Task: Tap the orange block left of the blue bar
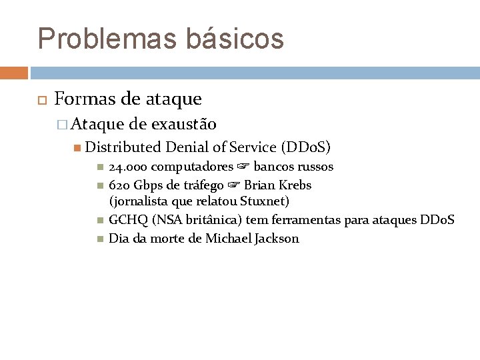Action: click(x=13, y=73)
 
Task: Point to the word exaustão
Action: click(x=183, y=124)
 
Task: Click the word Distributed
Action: click(x=123, y=147)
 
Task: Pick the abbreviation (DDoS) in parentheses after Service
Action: click(x=306, y=147)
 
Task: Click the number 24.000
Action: click(x=129, y=167)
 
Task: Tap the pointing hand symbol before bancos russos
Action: click(x=243, y=167)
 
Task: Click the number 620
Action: click(x=119, y=185)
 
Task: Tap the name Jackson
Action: click(x=277, y=239)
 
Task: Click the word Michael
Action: click(x=228, y=239)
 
